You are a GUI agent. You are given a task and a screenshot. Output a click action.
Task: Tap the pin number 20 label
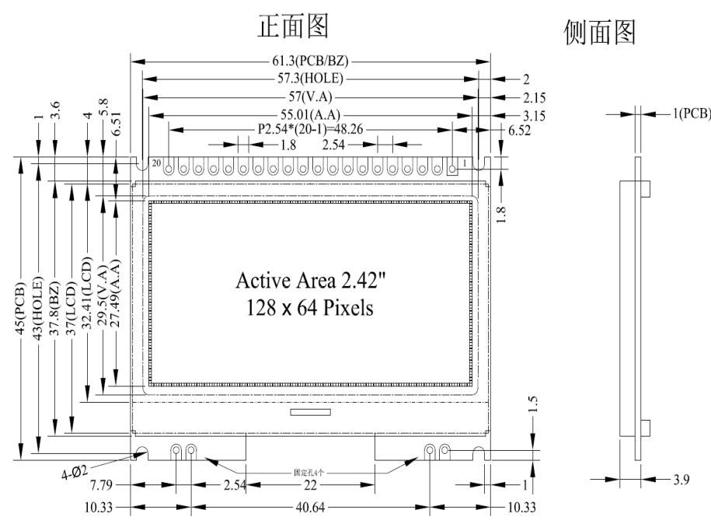point(156,163)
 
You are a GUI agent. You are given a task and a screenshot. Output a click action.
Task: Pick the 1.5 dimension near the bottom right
point(532,406)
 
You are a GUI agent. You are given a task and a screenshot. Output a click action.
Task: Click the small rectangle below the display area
point(310,411)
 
